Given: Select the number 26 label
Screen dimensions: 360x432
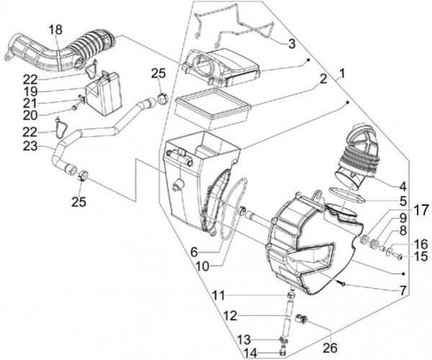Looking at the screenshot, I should pos(330,348).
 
